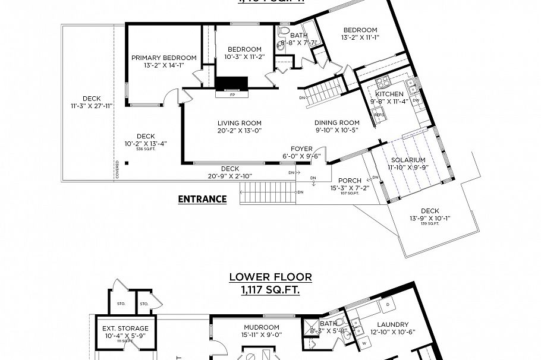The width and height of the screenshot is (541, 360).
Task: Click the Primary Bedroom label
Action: [x=163, y=58]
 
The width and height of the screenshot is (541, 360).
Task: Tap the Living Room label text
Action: [x=239, y=123]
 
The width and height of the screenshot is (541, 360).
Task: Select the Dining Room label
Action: [x=337, y=123]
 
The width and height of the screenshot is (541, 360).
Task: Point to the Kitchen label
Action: [x=389, y=94]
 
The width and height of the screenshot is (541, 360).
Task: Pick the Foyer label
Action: [x=301, y=149]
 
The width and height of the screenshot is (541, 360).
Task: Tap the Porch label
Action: [x=350, y=181]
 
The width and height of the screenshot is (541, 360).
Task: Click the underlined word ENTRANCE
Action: [x=202, y=199]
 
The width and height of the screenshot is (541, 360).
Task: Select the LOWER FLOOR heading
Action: [x=270, y=277]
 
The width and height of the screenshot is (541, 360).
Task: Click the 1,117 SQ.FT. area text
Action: [x=270, y=289]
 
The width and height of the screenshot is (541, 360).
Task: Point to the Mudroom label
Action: [x=261, y=327]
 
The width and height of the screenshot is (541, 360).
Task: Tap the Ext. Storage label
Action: [x=125, y=328]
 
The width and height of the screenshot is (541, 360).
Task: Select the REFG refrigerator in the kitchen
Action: [x=378, y=115]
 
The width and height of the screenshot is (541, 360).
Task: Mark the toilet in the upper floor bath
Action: [x=284, y=30]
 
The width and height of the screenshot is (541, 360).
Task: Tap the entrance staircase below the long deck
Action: [x=268, y=194]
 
